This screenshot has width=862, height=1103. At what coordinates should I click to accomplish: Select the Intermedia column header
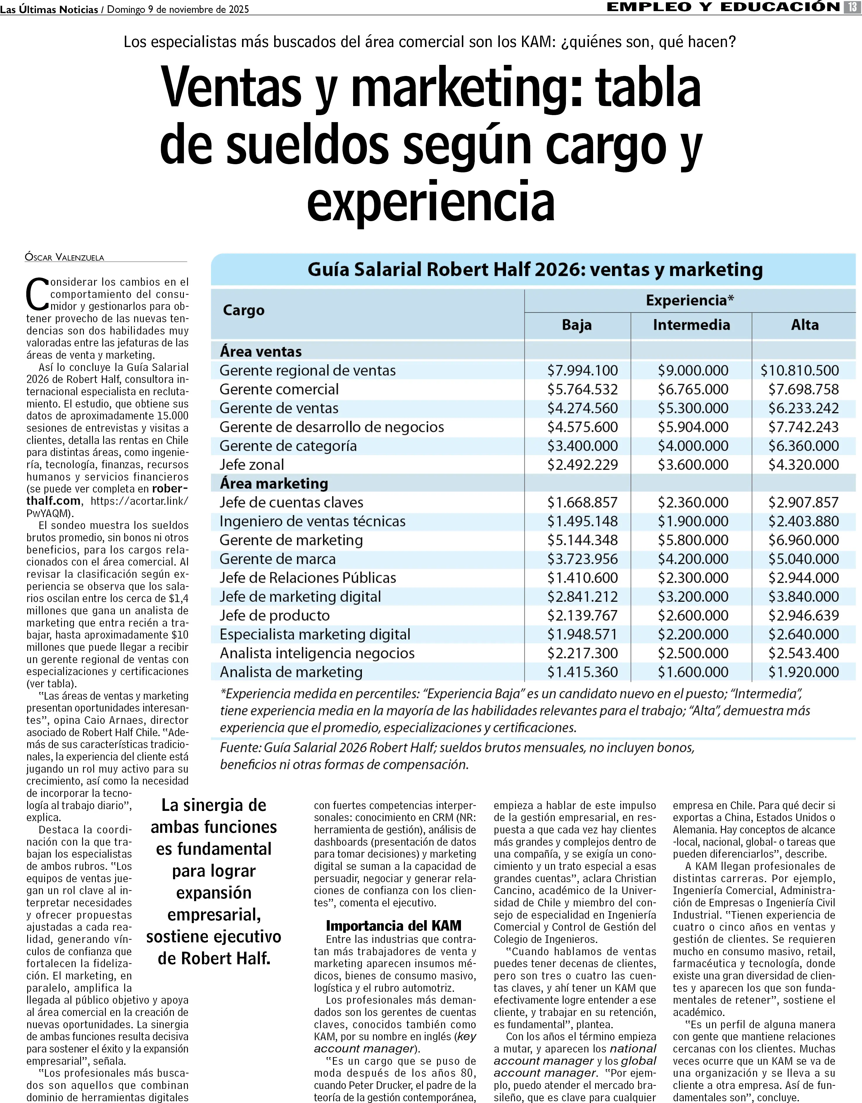(x=691, y=325)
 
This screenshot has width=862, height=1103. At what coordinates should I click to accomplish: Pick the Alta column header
(x=804, y=325)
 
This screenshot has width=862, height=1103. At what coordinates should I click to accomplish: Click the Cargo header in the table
(x=243, y=310)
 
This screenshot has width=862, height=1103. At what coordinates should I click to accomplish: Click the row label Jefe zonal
(x=252, y=465)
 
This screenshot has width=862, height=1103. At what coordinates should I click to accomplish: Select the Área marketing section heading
(x=274, y=483)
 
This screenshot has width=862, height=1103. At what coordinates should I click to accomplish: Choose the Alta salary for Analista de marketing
(x=803, y=672)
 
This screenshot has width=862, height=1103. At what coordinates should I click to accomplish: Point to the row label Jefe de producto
(x=274, y=616)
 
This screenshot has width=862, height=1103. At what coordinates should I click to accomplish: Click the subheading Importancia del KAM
(x=394, y=926)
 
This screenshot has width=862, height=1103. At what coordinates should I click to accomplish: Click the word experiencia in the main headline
(x=431, y=202)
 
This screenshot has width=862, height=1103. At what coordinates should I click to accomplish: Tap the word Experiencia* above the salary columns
(x=690, y=301)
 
